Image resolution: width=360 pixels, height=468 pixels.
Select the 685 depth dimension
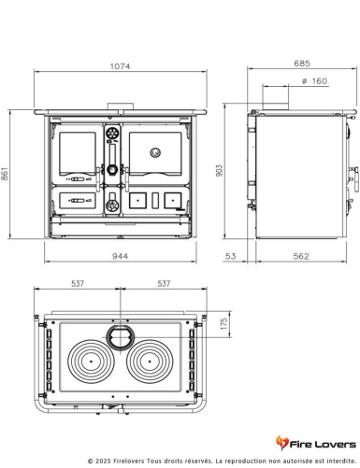coord(301,64)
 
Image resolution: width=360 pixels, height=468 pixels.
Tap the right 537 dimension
coord(165,283)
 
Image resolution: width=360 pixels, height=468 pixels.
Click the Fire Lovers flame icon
coord(282,442)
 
